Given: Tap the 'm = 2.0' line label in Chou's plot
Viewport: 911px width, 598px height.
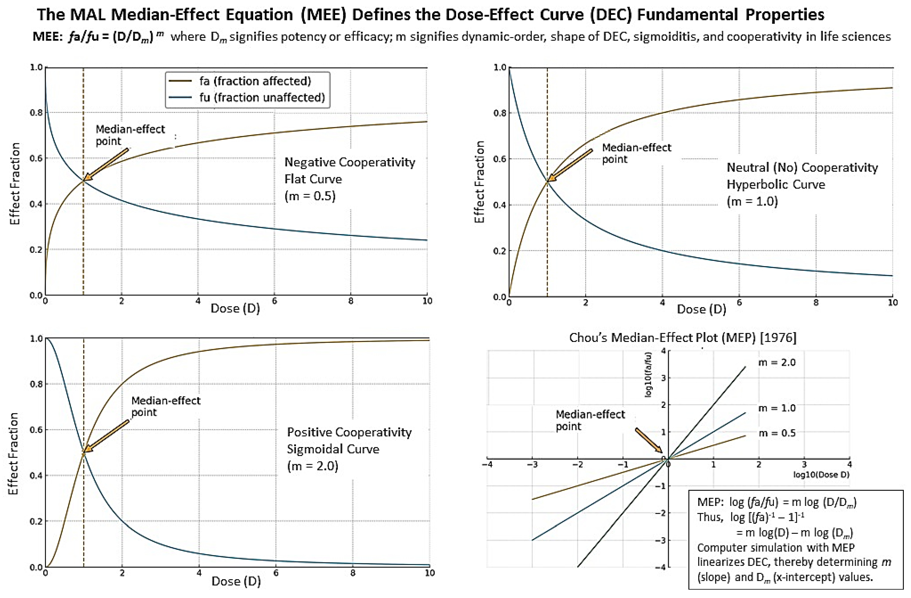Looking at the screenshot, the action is tap(777, 362).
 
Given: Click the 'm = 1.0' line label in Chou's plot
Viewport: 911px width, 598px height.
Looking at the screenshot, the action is tap(777, 408).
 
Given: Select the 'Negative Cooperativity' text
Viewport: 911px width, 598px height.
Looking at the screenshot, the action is tap(349, 162).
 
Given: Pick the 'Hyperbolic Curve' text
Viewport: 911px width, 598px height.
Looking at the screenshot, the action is tap(776, 185).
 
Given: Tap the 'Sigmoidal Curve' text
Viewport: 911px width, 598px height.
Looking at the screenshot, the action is tap(333, 449).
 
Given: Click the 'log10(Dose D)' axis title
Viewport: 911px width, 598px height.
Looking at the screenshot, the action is tap(821, 475).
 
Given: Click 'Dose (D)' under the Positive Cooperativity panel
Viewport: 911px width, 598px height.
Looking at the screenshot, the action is tap(236, 582).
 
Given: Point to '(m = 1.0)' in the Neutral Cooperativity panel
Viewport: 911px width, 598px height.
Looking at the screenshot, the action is tap(752, 202).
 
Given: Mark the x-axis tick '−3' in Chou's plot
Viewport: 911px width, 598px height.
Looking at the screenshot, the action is tap(532, 465).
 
